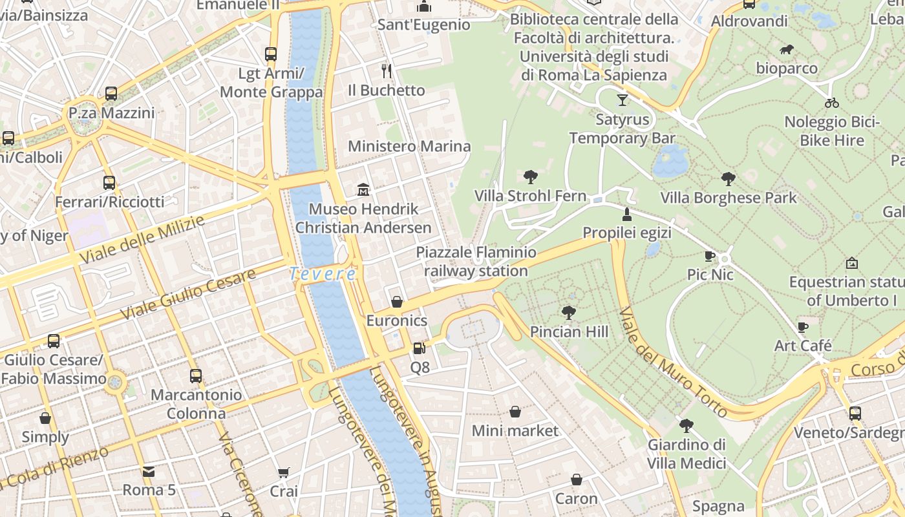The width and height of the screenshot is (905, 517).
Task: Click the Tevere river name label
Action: pos(322,274)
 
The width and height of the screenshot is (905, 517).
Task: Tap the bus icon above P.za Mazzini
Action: pos(111,94)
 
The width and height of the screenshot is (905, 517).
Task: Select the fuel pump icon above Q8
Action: pos(419,348)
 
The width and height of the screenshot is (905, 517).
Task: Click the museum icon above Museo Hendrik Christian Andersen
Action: pos(363,190)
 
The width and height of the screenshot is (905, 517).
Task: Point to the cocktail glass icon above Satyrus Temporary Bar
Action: pos(622,100)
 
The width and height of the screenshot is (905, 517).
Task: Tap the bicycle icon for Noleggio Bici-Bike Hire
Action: pos(832,102)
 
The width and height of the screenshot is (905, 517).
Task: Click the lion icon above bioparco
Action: pos(786,49)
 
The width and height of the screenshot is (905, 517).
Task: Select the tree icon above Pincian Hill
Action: pos(569,313)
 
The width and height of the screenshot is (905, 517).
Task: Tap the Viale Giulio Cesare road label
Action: pos(187,294)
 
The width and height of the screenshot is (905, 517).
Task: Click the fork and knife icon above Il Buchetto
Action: pos(387,70)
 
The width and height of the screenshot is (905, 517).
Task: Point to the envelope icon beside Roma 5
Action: pos(149,472)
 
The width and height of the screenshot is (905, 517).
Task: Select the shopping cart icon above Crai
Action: pos(283,473)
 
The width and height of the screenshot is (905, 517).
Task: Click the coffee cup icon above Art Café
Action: pos(802,327)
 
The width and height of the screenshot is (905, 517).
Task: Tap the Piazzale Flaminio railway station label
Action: pos(476,261)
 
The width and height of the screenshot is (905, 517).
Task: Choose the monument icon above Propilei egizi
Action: pos(626,214)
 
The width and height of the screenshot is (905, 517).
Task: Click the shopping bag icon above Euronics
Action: pos(397,302)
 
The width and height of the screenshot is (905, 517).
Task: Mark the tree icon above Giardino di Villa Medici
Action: pos(686,425)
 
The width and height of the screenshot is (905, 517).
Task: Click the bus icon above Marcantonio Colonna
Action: pos(195,375)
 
